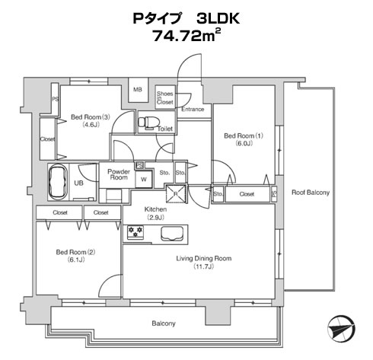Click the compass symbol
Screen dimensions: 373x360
[x=341, y=329]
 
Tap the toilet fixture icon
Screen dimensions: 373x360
[x=148, y=123]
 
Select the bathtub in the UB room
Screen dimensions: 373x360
[x=58, y=183]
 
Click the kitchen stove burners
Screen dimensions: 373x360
[x=135, y=232]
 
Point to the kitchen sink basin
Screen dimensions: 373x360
[x=172, y=234]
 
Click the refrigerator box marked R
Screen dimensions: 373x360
[x=176, y=194]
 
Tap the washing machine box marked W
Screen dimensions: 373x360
[x=144, y=180]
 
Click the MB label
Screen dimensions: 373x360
[x=138, y=90]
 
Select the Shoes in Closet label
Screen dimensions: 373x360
[x=165, y=97]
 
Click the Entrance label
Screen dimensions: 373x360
[x=193, y=110]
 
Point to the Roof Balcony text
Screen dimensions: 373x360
[x=311, y=193]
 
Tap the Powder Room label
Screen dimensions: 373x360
[x=119, y=174]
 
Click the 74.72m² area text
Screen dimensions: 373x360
[x=186, y=35]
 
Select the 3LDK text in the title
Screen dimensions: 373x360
[x=218, y=18]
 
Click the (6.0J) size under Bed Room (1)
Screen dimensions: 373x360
[x=244, y=144]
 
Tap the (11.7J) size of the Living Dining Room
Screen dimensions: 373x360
[x=204, y=266]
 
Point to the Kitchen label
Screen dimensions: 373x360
[x=155, y=209]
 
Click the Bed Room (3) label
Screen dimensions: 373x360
[x=91, y=117]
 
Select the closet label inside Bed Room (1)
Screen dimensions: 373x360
[x=247, y=194]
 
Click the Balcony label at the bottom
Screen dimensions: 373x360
[x=164, y=323]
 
